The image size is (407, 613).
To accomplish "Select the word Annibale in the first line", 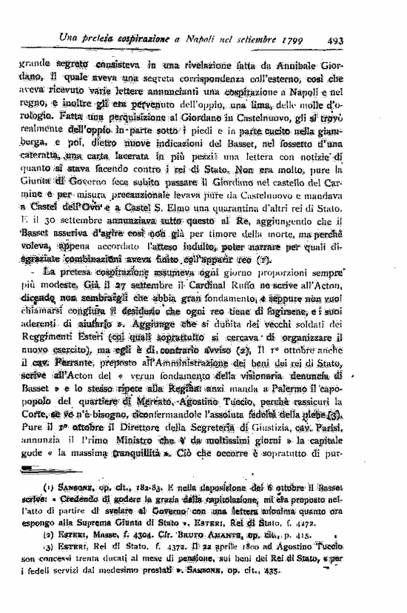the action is [319, 64].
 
